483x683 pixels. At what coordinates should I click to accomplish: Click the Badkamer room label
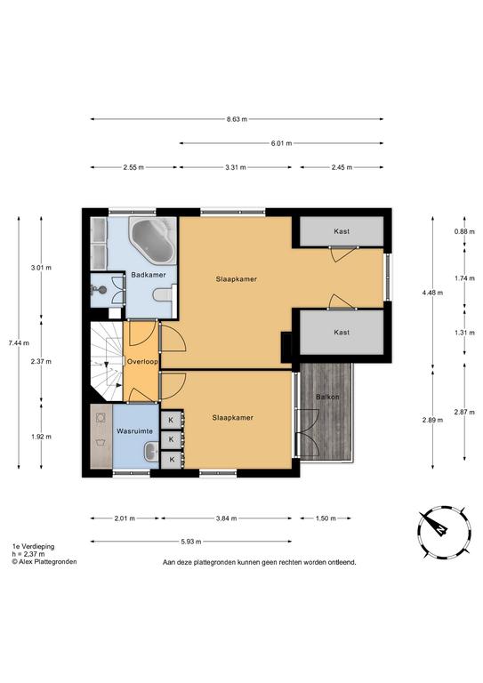coord(148,275)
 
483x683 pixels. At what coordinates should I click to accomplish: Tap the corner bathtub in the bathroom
coord(152,240)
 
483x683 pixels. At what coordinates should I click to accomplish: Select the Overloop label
coord(142,362)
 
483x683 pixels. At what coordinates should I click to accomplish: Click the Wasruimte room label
coord(134,430)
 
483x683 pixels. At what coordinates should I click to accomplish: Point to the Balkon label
coord(327,397)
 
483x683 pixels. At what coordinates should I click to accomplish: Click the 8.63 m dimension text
coord(237,119)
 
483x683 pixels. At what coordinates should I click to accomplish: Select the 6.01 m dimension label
coord(281,143)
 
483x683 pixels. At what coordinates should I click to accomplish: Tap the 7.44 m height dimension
coord(19,342)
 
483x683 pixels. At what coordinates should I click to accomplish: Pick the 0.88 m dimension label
coord(464,231)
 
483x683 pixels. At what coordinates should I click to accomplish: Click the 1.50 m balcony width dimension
coord(326,518)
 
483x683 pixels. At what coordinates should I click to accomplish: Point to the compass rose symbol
coord(443,532)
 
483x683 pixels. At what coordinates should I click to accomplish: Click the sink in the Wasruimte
coord(151,452)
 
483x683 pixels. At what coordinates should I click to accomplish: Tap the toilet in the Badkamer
coord(165,295)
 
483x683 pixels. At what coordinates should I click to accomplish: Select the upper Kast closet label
coord(342,231)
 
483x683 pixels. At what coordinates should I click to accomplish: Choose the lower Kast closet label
coord(342,332)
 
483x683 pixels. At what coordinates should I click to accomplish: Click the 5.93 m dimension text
coord(190,542)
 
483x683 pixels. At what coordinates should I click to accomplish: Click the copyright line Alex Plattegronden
coord(44,562)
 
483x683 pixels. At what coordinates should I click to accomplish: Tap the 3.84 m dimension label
coord(227,518)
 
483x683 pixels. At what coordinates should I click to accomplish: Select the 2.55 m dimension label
coord(133,167)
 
